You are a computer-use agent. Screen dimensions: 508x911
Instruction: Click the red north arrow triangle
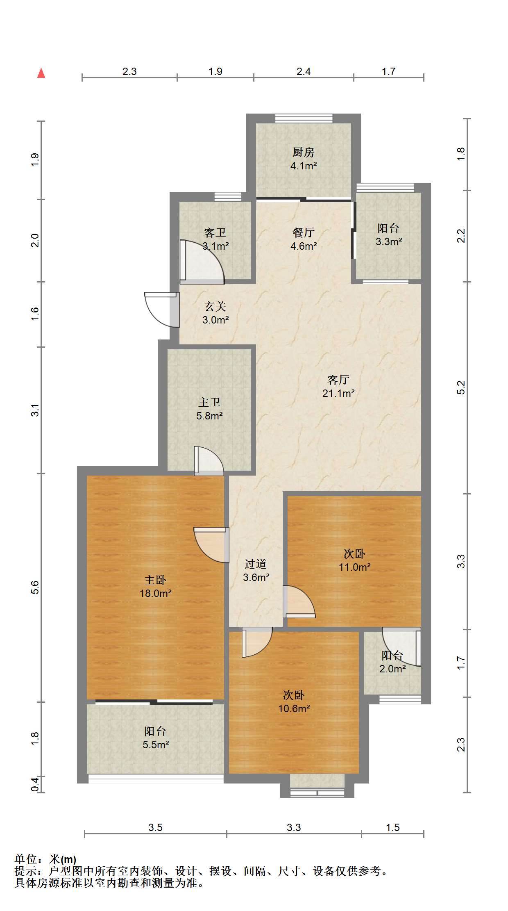(x=41, y=73)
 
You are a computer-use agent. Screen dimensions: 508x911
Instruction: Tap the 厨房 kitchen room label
(x=304, y=153)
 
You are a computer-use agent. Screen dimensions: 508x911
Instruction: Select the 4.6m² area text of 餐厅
(x=304, y=246)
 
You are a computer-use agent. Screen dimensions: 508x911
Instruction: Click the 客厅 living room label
(x=338, y=380)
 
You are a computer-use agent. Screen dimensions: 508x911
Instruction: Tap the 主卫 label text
(x=209, y=403)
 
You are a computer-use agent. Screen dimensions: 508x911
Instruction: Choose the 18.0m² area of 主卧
(x=156, y=593)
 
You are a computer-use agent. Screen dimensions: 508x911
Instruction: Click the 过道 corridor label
(x=256, y=564)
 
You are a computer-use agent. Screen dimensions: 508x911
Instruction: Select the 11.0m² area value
(x=355, y=567)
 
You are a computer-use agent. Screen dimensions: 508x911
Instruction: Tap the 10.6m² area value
(x=294, y=708)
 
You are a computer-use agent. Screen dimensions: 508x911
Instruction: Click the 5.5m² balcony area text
(x=156, y=745)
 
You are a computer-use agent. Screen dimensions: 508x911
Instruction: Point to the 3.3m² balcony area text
(x=389, y=241)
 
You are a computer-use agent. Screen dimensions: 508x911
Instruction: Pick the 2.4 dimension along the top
(x=304, y=71)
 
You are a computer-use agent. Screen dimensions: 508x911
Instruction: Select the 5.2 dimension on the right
(x=461, y=387)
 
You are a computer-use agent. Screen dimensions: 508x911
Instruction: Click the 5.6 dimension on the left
(x=35, y=588)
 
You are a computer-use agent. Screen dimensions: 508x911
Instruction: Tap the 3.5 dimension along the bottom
(x=156, y=827)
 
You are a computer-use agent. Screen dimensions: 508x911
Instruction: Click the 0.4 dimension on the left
(x=35, y=784)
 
